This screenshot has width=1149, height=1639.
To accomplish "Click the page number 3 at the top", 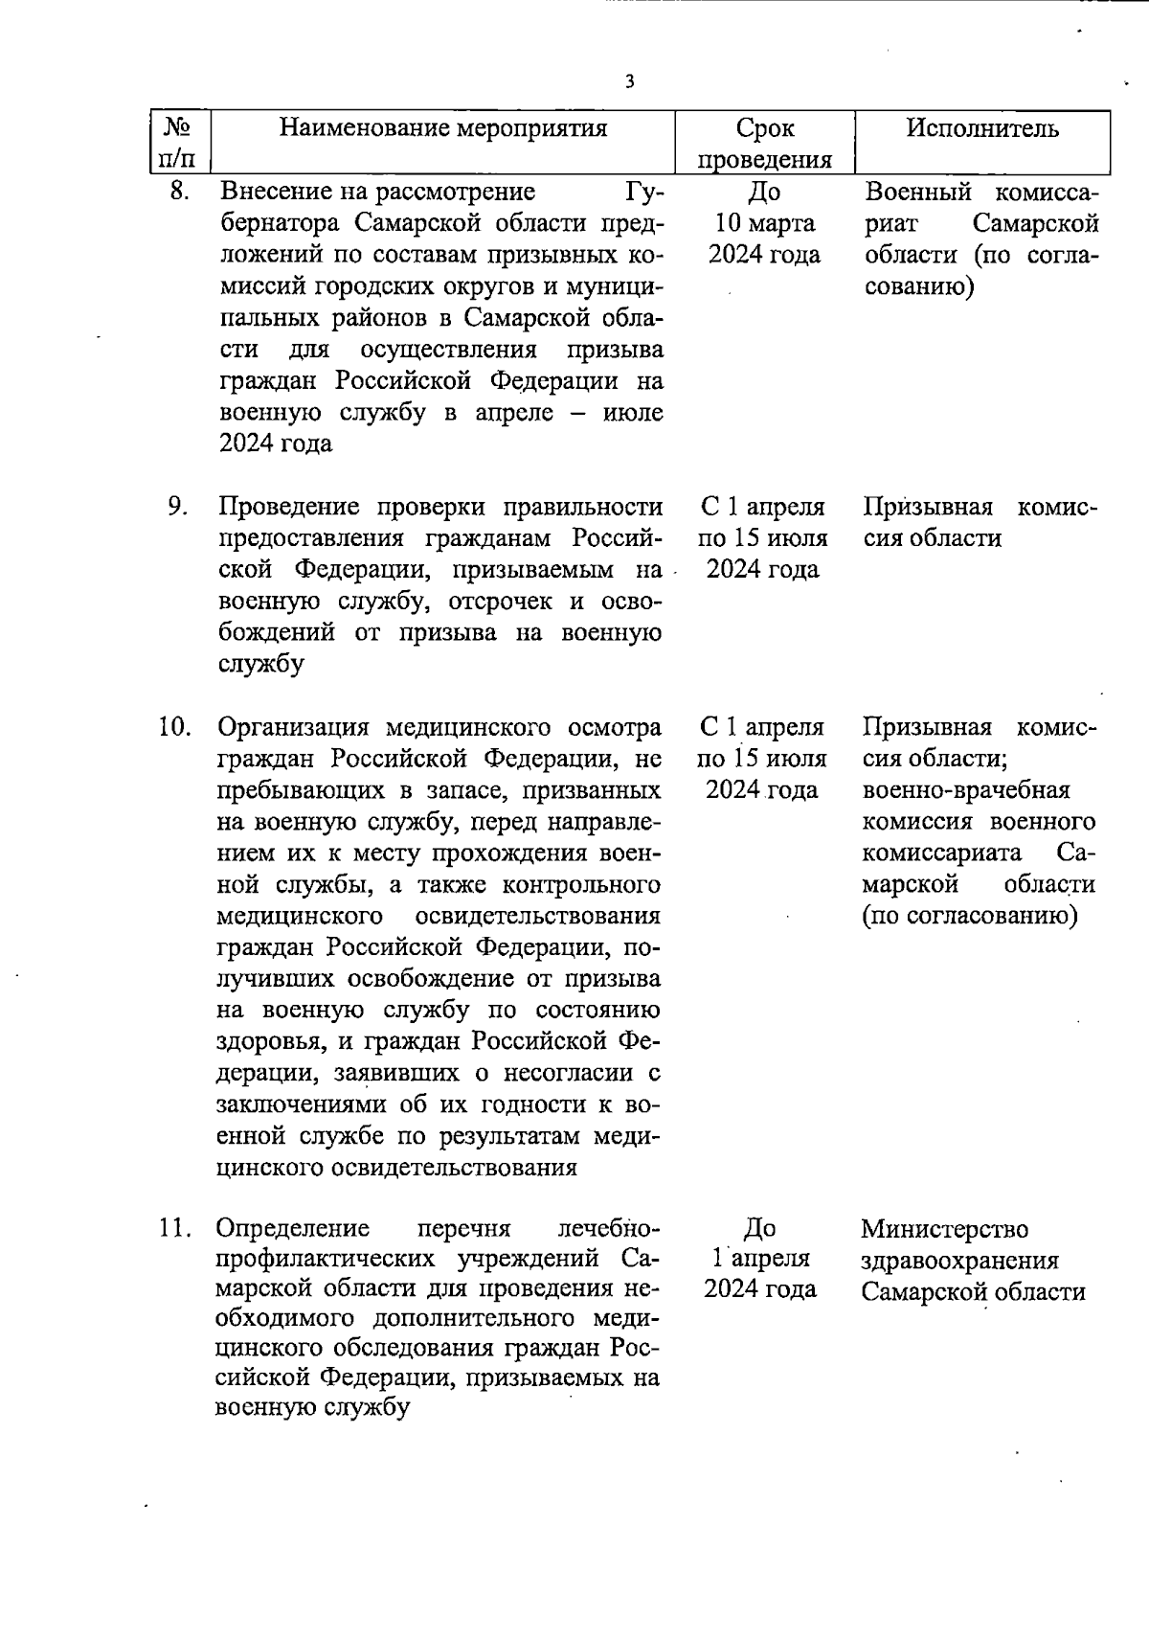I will tap(629, 82).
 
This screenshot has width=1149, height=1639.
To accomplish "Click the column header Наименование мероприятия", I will tap(442, 128).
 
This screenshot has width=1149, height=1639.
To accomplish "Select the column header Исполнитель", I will tap(982, 128).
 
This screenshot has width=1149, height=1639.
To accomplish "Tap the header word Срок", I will tap(764, 128).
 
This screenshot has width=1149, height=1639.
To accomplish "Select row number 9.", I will tap(178, 506).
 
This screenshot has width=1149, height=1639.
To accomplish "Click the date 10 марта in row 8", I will tap(763, 223).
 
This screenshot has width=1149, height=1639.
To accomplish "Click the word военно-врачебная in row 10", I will tap(965, 790).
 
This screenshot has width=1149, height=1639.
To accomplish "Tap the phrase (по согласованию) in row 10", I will tap(969, 916).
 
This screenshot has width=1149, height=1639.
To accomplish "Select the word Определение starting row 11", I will tap(293, 1228).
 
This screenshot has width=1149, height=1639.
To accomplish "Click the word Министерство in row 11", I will tap(944, 1228).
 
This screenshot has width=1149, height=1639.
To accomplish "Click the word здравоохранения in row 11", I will tap(959, 1260).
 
